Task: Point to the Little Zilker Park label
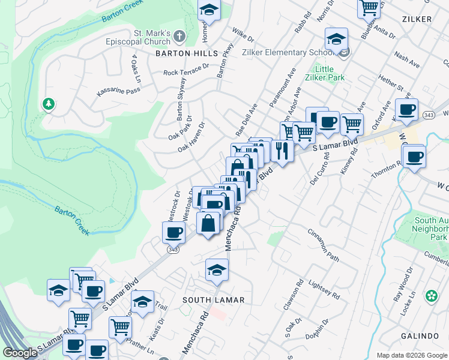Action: (324, 73)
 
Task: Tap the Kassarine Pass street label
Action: (119, 91)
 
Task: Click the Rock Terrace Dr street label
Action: (185, 70)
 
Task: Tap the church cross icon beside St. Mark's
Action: (179, 38)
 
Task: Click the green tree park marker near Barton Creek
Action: (48, 104)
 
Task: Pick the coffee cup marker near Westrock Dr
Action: (173, 232)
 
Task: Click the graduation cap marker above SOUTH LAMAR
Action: (217, 269)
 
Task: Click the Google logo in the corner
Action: (20, 352)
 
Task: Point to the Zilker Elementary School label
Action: (283, 52)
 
